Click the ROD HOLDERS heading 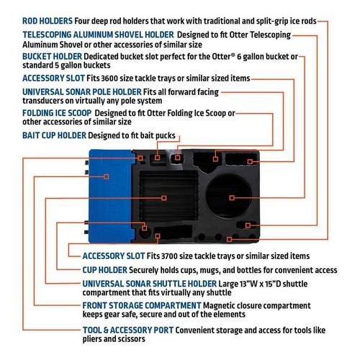48,21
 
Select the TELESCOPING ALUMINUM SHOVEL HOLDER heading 98,35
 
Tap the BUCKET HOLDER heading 52,57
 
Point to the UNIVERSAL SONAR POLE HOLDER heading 82,92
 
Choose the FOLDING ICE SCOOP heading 57,113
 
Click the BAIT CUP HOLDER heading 54,135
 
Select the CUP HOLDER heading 105,270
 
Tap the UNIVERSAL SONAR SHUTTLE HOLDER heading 150,284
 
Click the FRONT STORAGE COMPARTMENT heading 142,306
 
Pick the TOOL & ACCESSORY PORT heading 128,330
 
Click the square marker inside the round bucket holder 232,198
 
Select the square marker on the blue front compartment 107,176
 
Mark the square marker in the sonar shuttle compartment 164,198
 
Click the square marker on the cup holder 144,228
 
